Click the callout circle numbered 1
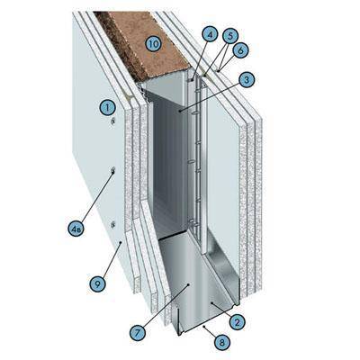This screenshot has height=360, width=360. [108, 107]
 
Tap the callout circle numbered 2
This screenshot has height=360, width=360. [238, 322]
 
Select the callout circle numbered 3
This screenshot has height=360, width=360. [247, 80]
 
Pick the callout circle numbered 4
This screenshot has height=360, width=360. [210, 35]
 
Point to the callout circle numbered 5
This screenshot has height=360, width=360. [229, 36]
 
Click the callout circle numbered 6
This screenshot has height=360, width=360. [240, 50]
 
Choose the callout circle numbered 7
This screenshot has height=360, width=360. [138, 332]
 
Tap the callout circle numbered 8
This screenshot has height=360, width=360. [222, 341]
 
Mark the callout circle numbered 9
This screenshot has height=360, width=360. [98, 283]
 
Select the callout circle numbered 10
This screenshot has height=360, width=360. [153, 44]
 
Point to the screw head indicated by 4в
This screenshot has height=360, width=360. [113, 171]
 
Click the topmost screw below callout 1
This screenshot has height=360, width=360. [113, 121]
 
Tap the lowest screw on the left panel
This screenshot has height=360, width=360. [113, 224]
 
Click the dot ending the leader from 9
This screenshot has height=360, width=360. [121, 242]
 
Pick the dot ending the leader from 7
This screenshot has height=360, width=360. [188, 283]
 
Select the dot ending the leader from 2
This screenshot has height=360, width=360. [212, 303]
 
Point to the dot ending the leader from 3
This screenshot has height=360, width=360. [180, 112]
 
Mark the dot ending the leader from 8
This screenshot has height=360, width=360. [204, 326]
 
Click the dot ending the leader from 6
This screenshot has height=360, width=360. [219, 71]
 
